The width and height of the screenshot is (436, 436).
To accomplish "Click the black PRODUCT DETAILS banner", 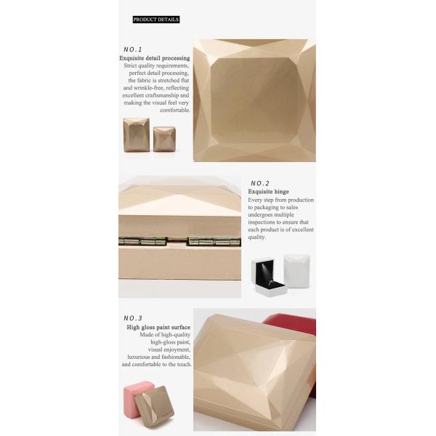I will click(x=156, y=20).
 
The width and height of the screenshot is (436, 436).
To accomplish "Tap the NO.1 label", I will click(x=133, y=49).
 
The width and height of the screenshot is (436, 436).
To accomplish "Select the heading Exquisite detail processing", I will click(x=155, y=57).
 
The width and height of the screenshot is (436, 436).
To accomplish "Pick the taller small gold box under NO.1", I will click(x=136, y=134).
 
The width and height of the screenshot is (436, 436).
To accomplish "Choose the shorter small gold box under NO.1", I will click(x=164, y=139).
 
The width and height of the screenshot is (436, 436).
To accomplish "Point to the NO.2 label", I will click(x=259, y=183).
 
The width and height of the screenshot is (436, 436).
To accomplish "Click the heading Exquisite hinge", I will click(x=269, y=192).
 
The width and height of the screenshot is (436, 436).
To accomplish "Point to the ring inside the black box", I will click(x=272, y=283).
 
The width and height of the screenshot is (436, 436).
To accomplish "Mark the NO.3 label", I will click(x=133, y=318).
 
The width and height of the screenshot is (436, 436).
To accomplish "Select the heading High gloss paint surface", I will click(x=158, y=327).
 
